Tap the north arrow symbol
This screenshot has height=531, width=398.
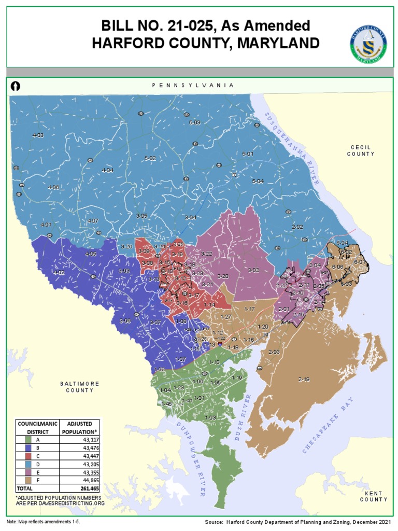(16, 86)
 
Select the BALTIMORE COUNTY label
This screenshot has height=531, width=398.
(79, 387)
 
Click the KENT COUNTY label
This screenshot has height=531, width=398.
(374, 496)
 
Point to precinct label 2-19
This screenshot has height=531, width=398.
(304, 380)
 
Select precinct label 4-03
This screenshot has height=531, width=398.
(38, 135)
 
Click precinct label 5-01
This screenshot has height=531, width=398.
(248, 154)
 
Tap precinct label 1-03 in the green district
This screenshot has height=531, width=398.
(210, 417)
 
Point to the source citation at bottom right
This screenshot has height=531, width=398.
(298, 522)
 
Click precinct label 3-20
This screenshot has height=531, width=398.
(223, 276)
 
